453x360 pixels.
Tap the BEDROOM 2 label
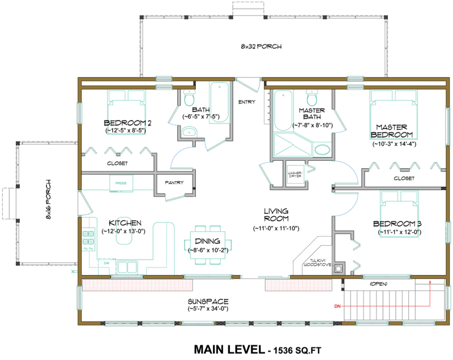click(127, 123)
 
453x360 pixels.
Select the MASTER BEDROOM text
click(391, 130)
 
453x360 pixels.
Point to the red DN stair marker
click(337, 306)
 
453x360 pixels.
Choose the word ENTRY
click(247, 102)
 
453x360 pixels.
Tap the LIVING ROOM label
click(276, 215)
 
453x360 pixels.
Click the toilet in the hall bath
click(189, 100)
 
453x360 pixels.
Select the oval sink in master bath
click(323, 150)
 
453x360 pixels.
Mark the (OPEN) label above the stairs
click(380, 283)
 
